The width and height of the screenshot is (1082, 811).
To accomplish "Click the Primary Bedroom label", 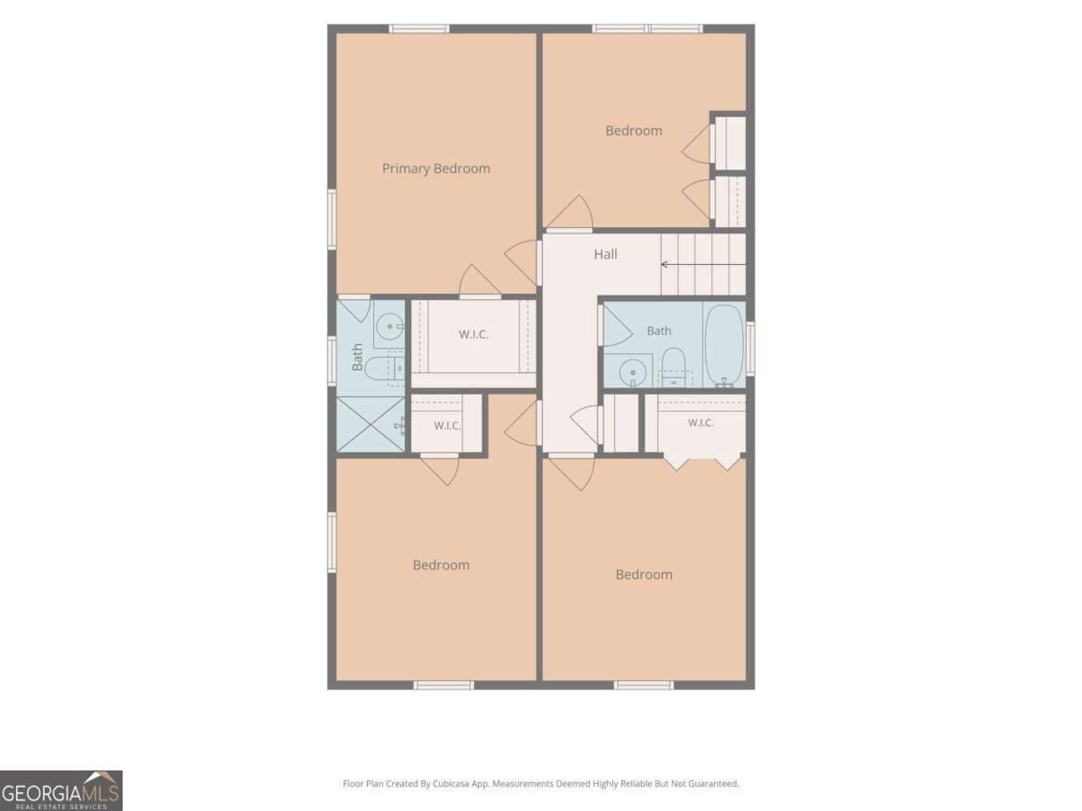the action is (x=436, y=169).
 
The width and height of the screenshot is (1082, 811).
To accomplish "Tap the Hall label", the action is (x=605, y=254).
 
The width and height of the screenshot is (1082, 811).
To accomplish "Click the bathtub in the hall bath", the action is (x=724, y=346).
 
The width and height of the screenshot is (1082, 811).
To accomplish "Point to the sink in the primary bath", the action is (x=390, y=326).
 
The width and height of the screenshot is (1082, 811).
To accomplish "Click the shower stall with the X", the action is (x=371, y=424).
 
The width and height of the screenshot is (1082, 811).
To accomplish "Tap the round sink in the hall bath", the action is (x=632, y=372).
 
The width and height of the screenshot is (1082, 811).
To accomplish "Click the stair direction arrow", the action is (x=703, y=264).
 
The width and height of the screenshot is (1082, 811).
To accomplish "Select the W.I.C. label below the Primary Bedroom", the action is (x=473, y=334).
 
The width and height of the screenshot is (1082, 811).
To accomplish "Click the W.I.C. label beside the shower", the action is (x=447, y=425).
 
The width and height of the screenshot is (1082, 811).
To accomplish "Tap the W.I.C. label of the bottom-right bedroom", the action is (x=701, y=423).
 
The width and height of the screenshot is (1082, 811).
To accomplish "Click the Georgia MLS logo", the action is (x=61, y=790).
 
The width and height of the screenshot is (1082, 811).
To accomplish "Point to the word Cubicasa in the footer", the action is (x=451, y=783).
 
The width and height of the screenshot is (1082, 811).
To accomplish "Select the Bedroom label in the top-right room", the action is (x=634, y=131).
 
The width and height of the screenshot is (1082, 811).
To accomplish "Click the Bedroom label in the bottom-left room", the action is (x=441, y=565).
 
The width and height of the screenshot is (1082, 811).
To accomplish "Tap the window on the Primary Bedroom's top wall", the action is (x=419, y=29).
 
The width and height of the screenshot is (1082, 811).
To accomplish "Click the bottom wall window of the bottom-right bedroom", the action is (x=643, y=685).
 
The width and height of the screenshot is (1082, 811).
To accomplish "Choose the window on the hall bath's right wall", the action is (x=750, y=349).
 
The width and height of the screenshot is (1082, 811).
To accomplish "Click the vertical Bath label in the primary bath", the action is (x=357, y=357).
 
